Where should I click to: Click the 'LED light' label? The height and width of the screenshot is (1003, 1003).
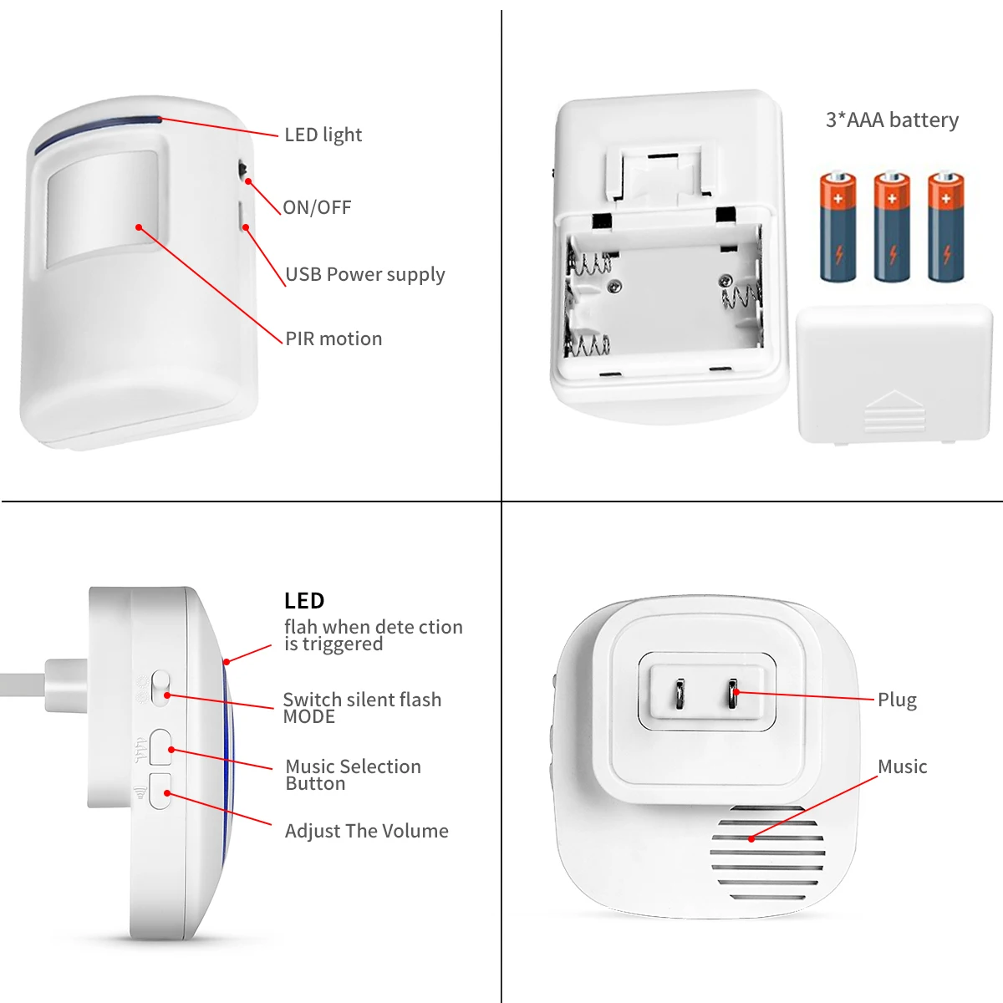coord(323,135)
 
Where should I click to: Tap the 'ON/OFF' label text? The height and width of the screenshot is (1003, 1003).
coord(317,207)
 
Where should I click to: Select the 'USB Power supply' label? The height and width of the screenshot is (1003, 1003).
coord(365,275)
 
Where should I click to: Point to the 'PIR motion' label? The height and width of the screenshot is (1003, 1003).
coord(333,339)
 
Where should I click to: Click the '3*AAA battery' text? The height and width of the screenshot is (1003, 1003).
coord(892,120)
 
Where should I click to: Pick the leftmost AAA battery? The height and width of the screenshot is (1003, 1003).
coord(838,227)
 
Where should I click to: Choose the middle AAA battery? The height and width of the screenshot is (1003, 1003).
coord(892,227)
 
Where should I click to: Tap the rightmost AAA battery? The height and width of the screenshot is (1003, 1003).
coord(945,227)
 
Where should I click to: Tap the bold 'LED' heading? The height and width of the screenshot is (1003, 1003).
coord(304,601)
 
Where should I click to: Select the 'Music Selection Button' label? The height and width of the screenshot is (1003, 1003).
coord(353,775)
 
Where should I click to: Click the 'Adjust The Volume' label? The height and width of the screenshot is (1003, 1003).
coord(366,831)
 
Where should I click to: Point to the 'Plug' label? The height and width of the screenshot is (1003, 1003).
coord(897,700)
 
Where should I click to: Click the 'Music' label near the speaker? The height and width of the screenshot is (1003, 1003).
coord(902,766)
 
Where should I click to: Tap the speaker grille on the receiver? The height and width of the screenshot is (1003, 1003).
coord(767,853)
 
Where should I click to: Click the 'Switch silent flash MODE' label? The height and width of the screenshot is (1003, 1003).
coord(361,708)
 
